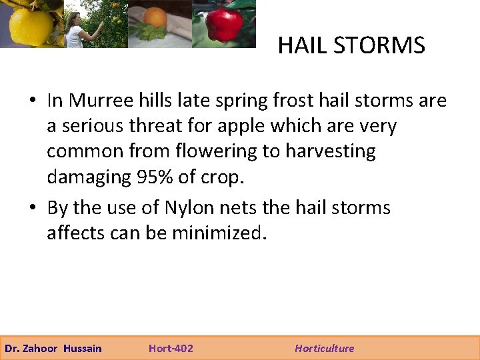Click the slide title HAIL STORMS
coord(351,45)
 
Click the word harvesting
coord(330,151)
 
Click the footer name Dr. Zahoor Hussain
coord(53,348)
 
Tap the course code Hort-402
coord(171,348)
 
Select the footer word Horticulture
coord(325,348)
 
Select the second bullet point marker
coord(32,209)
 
